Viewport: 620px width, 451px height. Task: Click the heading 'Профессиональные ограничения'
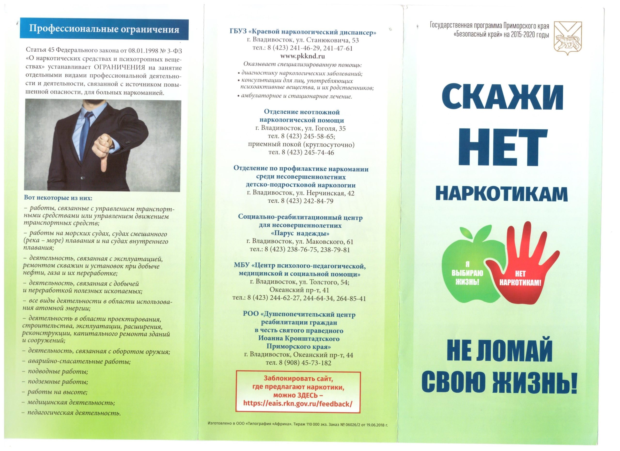pos(104,29)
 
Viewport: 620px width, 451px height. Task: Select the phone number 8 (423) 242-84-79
pos(300,201)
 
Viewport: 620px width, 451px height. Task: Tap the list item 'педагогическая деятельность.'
pos(74,413)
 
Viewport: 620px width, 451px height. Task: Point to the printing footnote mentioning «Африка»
pos(298,433)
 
